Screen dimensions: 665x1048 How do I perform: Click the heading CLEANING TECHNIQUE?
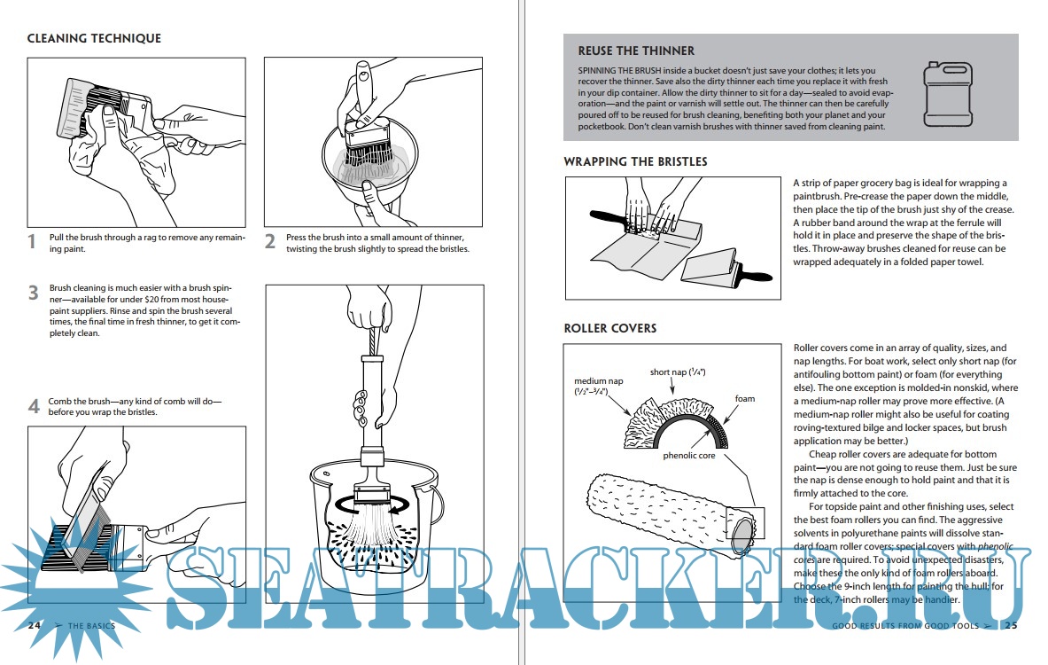tap(94, 39)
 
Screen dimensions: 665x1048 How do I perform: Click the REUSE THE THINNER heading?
tap(636, 51)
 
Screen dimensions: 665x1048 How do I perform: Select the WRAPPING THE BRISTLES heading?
tap(635, 161)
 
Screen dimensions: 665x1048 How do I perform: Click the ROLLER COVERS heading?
tap(609, 328)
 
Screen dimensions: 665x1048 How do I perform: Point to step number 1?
tap(32, 241)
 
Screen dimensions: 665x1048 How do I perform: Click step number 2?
tap(270, 241)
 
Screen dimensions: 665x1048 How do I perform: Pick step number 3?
tap(33, 293)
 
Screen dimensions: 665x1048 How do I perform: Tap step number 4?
tap(33, 406)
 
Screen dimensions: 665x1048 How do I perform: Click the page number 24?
tap(35, 625)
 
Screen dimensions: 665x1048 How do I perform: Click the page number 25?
tap(1010, 626)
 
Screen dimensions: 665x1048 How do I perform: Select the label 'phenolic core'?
tap(688, 456)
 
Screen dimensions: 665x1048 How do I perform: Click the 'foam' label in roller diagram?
tap(745, 399)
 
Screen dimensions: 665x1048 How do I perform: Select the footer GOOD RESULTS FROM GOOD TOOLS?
tap(905, 626)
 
